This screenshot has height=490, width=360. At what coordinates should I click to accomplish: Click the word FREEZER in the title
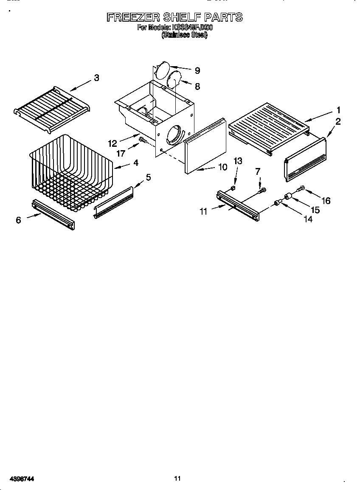(x=132, y=17)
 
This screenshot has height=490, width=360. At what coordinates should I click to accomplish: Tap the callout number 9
(x=197, y=71)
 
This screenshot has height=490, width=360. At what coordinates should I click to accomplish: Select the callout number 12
(x=112, y=143)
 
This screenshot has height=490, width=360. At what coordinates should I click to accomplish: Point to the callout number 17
(x=121, y=154)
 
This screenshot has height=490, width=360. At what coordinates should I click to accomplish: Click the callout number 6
(x=18, y=221)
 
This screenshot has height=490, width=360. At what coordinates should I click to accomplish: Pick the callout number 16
(x=326, y=201)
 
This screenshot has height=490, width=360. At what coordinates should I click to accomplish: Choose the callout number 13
(x=238, y=161)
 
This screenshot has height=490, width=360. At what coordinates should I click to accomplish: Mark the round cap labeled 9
(x=162, y=69)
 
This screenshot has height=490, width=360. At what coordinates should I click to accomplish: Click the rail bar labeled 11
(x=238, y=206)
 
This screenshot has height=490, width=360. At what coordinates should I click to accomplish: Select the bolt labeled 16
(x=301, y=188)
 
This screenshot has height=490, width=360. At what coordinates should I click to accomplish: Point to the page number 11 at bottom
(x=177, y=479)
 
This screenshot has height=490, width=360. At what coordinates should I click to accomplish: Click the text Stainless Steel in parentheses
(x=184, y=36)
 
